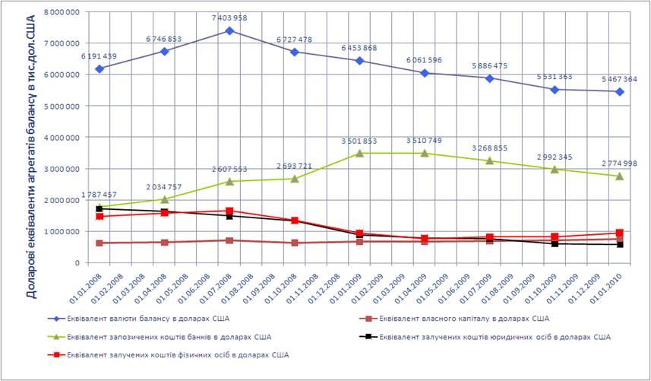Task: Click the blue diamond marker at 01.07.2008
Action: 229,31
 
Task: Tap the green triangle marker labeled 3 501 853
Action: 359,153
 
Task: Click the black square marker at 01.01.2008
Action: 99,208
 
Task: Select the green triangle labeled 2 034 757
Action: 164,199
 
